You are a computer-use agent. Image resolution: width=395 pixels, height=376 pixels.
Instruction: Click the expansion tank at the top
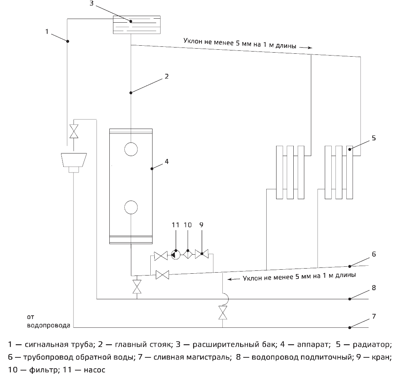136,25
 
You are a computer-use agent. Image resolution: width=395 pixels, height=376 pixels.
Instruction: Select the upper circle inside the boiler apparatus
131,149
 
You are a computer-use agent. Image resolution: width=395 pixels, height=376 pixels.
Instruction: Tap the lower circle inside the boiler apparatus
131,207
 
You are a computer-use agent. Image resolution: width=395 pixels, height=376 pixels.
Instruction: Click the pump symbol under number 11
175,255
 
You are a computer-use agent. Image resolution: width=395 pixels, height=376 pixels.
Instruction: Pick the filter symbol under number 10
188,255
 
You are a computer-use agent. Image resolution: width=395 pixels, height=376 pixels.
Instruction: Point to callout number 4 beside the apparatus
166,161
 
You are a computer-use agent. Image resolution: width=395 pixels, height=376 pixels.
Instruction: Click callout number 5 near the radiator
373,138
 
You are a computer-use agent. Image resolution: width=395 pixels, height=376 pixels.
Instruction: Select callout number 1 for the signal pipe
47,31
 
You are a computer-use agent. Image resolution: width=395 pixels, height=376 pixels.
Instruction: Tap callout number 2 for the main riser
166,76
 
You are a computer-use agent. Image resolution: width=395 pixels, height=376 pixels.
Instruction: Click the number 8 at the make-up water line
373,288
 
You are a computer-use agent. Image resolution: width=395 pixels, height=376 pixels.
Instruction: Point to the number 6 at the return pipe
373,254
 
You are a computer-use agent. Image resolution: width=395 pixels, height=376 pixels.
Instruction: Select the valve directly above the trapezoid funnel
74,131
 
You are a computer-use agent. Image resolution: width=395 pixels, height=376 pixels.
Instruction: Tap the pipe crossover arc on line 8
224,299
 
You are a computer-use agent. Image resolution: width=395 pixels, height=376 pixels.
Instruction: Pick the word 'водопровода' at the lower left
48,325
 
